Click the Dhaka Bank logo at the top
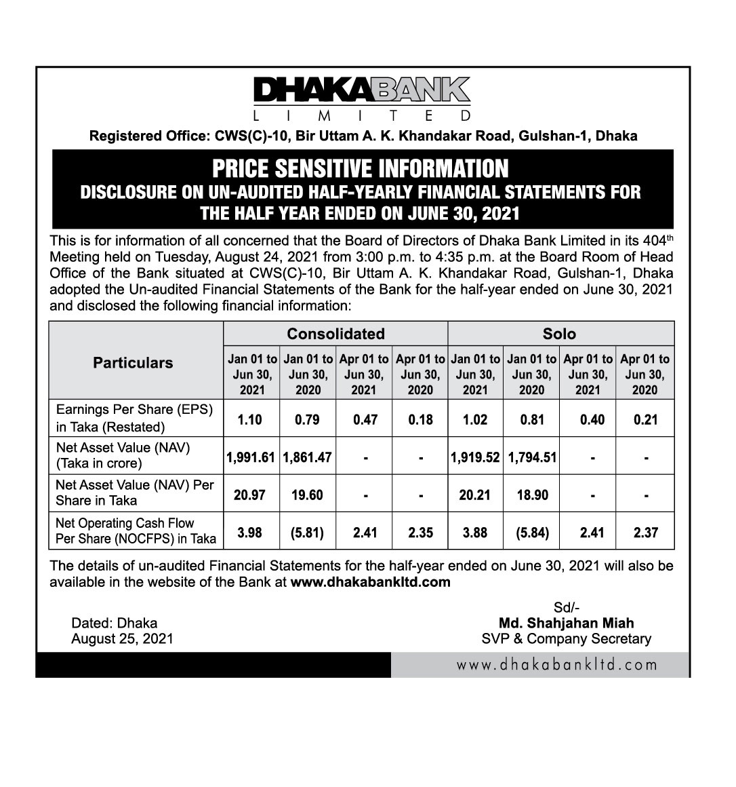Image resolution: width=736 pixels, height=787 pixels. (363, 97)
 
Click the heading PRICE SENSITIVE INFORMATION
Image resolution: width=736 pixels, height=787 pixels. (360, 168)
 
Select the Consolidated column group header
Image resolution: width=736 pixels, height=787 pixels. (335, 334)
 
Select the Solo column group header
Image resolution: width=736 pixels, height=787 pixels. (560, 334)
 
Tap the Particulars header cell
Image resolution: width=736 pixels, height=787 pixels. (133, 363)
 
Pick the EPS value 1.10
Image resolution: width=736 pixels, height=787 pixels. (250, 420)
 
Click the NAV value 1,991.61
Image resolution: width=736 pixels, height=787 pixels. (251, 457)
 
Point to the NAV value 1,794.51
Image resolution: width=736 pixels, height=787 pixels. (532, 457)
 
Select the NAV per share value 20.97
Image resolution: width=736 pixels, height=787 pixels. (250, 495)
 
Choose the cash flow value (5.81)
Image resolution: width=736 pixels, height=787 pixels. (307, 533)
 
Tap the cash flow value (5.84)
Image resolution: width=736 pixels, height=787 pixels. (532, 533)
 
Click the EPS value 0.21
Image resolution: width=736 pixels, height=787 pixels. (646, 420)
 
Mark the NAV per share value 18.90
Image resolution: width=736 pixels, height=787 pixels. (532, 495)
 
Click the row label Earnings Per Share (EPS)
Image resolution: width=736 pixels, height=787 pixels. (134, 410)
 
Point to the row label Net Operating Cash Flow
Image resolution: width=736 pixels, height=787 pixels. (125, 523)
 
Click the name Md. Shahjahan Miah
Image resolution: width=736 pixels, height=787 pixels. (567, 623)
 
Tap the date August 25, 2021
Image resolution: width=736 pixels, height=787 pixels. (122, 638)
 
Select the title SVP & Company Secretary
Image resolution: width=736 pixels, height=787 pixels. (567, 638)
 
